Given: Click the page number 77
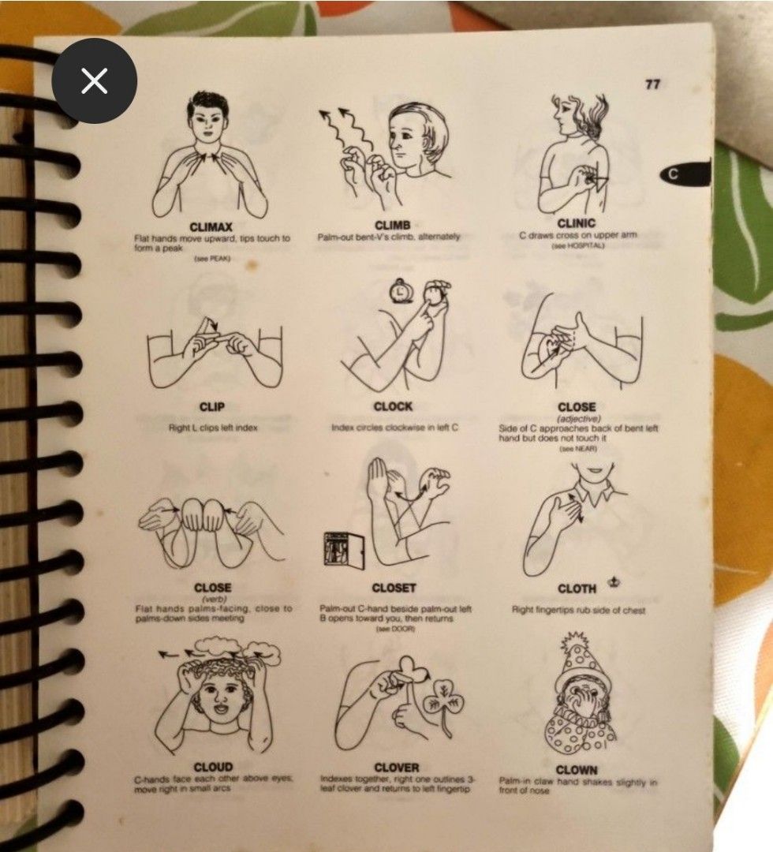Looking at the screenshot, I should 652,84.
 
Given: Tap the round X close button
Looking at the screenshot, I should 95,80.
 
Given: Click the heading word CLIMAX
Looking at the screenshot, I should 211,227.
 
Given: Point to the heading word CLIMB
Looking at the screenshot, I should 392,226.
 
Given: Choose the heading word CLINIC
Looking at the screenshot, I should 576,224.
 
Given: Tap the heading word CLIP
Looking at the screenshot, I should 212,407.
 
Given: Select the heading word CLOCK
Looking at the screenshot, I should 393,406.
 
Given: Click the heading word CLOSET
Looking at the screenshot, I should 394,589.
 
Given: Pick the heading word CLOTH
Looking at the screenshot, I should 577,589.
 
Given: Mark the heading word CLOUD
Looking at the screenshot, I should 213,767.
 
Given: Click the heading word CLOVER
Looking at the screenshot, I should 396,767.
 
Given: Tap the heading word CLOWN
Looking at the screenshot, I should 577,769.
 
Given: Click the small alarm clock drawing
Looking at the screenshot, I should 401,292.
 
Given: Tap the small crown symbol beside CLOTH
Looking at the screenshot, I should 613,583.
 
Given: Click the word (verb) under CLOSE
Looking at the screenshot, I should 212,599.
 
